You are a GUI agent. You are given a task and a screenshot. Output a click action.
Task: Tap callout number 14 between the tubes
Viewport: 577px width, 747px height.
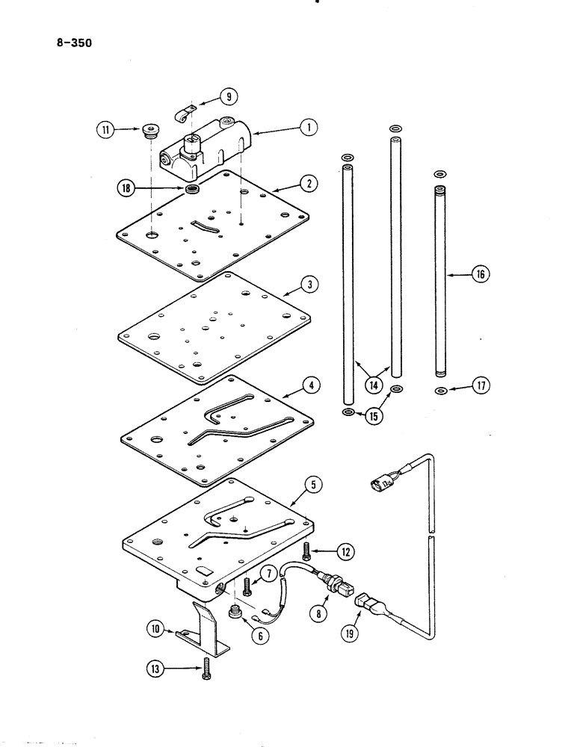(373, 385)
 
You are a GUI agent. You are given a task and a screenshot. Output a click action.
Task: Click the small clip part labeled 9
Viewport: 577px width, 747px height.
(181, 114)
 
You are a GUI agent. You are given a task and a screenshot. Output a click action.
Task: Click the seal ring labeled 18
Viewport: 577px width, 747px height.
(191, 190)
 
